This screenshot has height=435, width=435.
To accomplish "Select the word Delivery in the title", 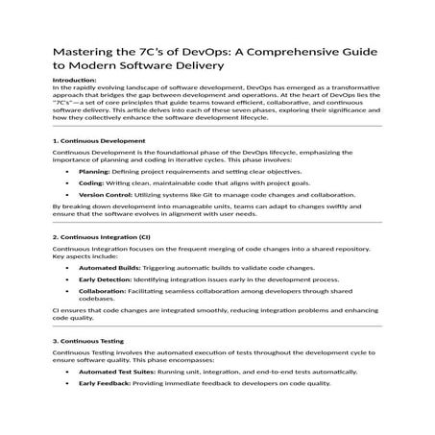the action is pyautogui.click(x=201, y=66).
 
